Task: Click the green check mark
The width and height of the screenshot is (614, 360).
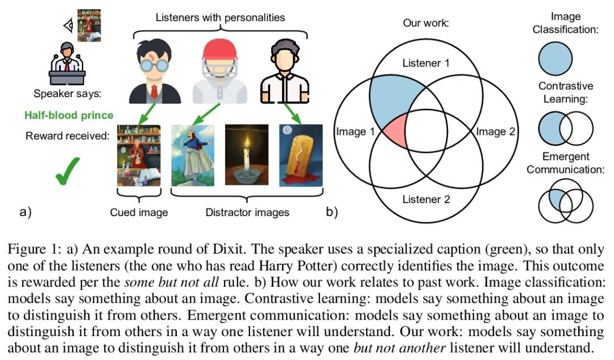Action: pos(67,171)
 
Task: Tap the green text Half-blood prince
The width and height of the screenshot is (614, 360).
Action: pos(69,115)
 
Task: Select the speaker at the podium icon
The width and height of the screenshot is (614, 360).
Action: pos(67,64)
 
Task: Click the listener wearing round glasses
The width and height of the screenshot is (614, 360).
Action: pos(155,71)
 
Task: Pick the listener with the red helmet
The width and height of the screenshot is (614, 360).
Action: pos(219,72)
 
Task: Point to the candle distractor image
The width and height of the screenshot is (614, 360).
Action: pos(247,155)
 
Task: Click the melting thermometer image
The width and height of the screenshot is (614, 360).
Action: pos(301,155)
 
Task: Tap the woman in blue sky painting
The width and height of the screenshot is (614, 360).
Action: pos(193,155)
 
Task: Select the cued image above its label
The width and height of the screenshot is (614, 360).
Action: pos(139,155)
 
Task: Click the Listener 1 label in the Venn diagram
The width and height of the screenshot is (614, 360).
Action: pos(426,63)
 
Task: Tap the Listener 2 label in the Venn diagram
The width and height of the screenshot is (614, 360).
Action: pos(426,200)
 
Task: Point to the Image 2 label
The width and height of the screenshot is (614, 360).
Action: pos(495,131)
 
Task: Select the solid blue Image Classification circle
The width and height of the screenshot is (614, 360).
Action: pos(555,59)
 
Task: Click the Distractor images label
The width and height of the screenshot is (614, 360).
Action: pos(247,212)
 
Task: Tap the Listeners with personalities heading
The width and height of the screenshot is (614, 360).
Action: pos(220,18)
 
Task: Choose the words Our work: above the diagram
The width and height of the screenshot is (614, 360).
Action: pos(426,23)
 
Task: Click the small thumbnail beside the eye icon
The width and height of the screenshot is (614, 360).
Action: pos(89,26)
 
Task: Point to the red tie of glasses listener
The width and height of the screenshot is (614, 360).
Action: pos(154,91)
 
